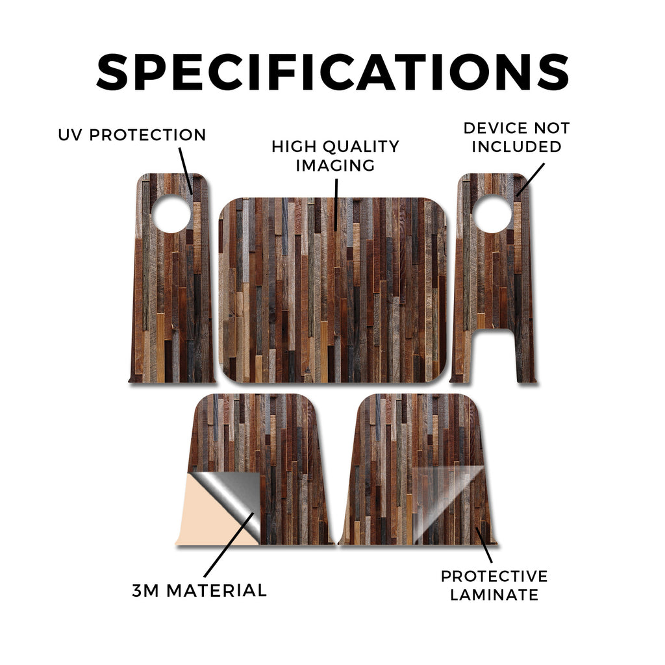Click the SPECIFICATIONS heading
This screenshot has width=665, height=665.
click(332, 71)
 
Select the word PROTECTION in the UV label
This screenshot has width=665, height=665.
click(147, 135)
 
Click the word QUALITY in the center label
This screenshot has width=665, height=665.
click(361, 147)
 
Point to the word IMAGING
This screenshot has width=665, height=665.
click(335, 166)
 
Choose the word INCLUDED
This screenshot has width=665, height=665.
click(516, 147)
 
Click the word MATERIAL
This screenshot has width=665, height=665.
click(216, 590)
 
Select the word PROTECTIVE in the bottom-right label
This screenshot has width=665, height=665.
click(494, 576)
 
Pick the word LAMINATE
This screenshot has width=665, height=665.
click(494, 595)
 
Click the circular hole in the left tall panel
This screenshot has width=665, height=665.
click(171, 214)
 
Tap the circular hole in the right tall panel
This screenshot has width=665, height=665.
click(492, 214)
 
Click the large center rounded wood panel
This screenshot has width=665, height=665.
click(332, 290)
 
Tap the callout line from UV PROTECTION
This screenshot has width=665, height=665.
click(186, 171)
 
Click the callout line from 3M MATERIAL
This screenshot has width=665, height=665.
click(229, 545)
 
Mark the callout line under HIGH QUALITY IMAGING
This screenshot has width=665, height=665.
click(336, 205)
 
